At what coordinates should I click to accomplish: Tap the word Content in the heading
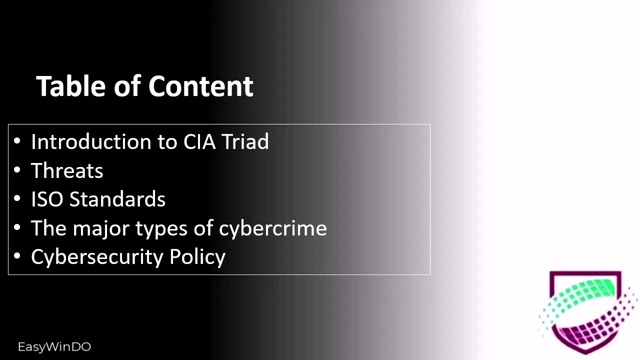tap(201, 86)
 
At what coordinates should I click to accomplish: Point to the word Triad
tap(245, 142)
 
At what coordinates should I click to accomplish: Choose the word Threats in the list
tap(67, 171)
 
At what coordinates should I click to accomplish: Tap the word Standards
tap(117, 199)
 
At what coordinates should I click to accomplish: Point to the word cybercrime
tap(273, 228)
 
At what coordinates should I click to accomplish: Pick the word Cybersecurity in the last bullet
tap(97, 257)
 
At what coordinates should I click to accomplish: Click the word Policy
tap(197, 257)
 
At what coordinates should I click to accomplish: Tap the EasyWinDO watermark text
tap(54, 347)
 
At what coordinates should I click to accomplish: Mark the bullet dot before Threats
tap(17, 171)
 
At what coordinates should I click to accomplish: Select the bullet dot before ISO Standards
tap(17, 199)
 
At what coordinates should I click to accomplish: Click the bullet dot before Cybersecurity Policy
tap(17, 257)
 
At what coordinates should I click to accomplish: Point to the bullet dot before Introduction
tap(17, 142)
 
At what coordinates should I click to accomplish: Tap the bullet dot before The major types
tap(17, 228)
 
